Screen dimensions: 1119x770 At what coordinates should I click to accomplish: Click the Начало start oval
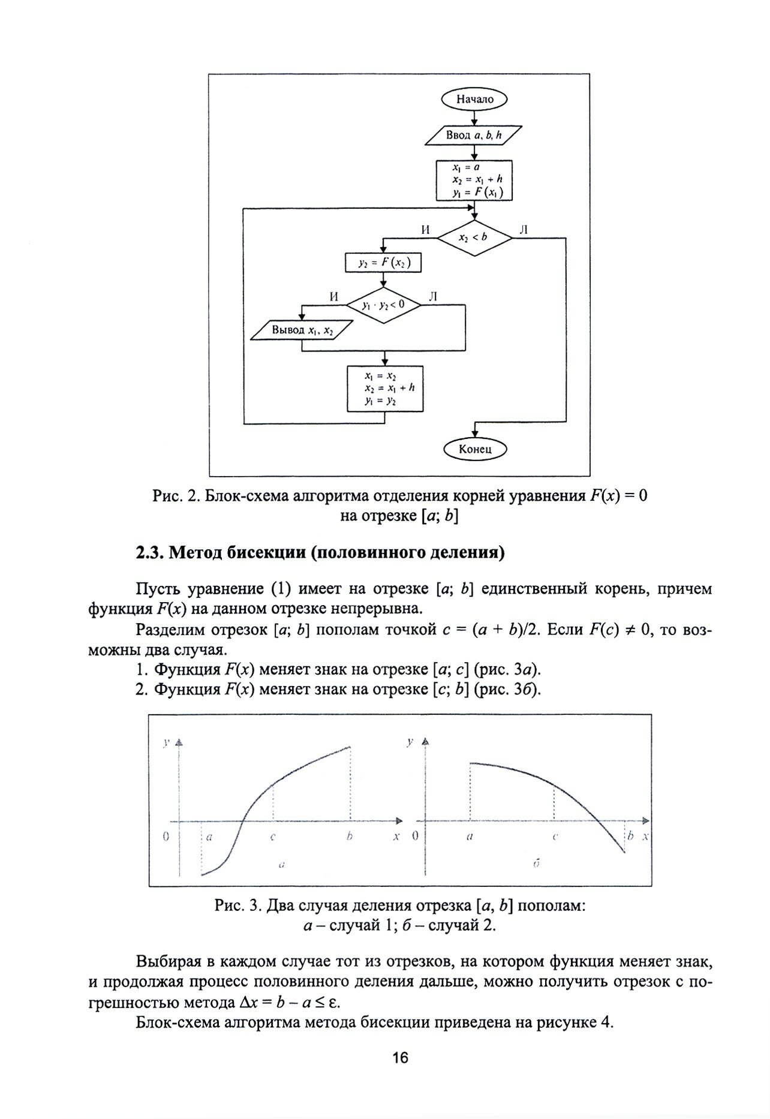click(x=474, y=100)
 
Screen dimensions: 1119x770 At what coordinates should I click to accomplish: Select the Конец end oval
click(x=474, y=448)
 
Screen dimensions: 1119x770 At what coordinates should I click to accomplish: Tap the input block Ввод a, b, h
click(x=474, y=136)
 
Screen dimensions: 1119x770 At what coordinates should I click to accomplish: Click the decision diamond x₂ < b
click(x=474, y=237)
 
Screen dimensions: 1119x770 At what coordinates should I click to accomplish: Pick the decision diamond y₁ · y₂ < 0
click(x=384, y=305)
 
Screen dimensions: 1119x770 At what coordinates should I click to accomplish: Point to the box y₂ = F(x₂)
click(x=384, y=263)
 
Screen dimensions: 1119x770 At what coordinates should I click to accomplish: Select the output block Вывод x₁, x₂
click(x=302, y=330)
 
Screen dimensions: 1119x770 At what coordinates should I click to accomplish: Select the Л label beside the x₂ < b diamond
click(x=524, y=229)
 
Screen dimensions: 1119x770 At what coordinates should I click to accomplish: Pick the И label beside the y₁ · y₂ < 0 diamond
click(x=334, y=297)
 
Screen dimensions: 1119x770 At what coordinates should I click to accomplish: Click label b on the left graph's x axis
click(x=349, y=837)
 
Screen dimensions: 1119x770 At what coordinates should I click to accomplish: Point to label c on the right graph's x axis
click(x=555, y=837)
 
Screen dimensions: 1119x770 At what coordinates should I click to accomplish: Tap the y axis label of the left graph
click(x=166, y=742)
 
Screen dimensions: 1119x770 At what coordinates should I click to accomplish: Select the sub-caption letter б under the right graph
click(x=537, y=864)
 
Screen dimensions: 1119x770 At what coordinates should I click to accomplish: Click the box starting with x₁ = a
click(x=474, y=180)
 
